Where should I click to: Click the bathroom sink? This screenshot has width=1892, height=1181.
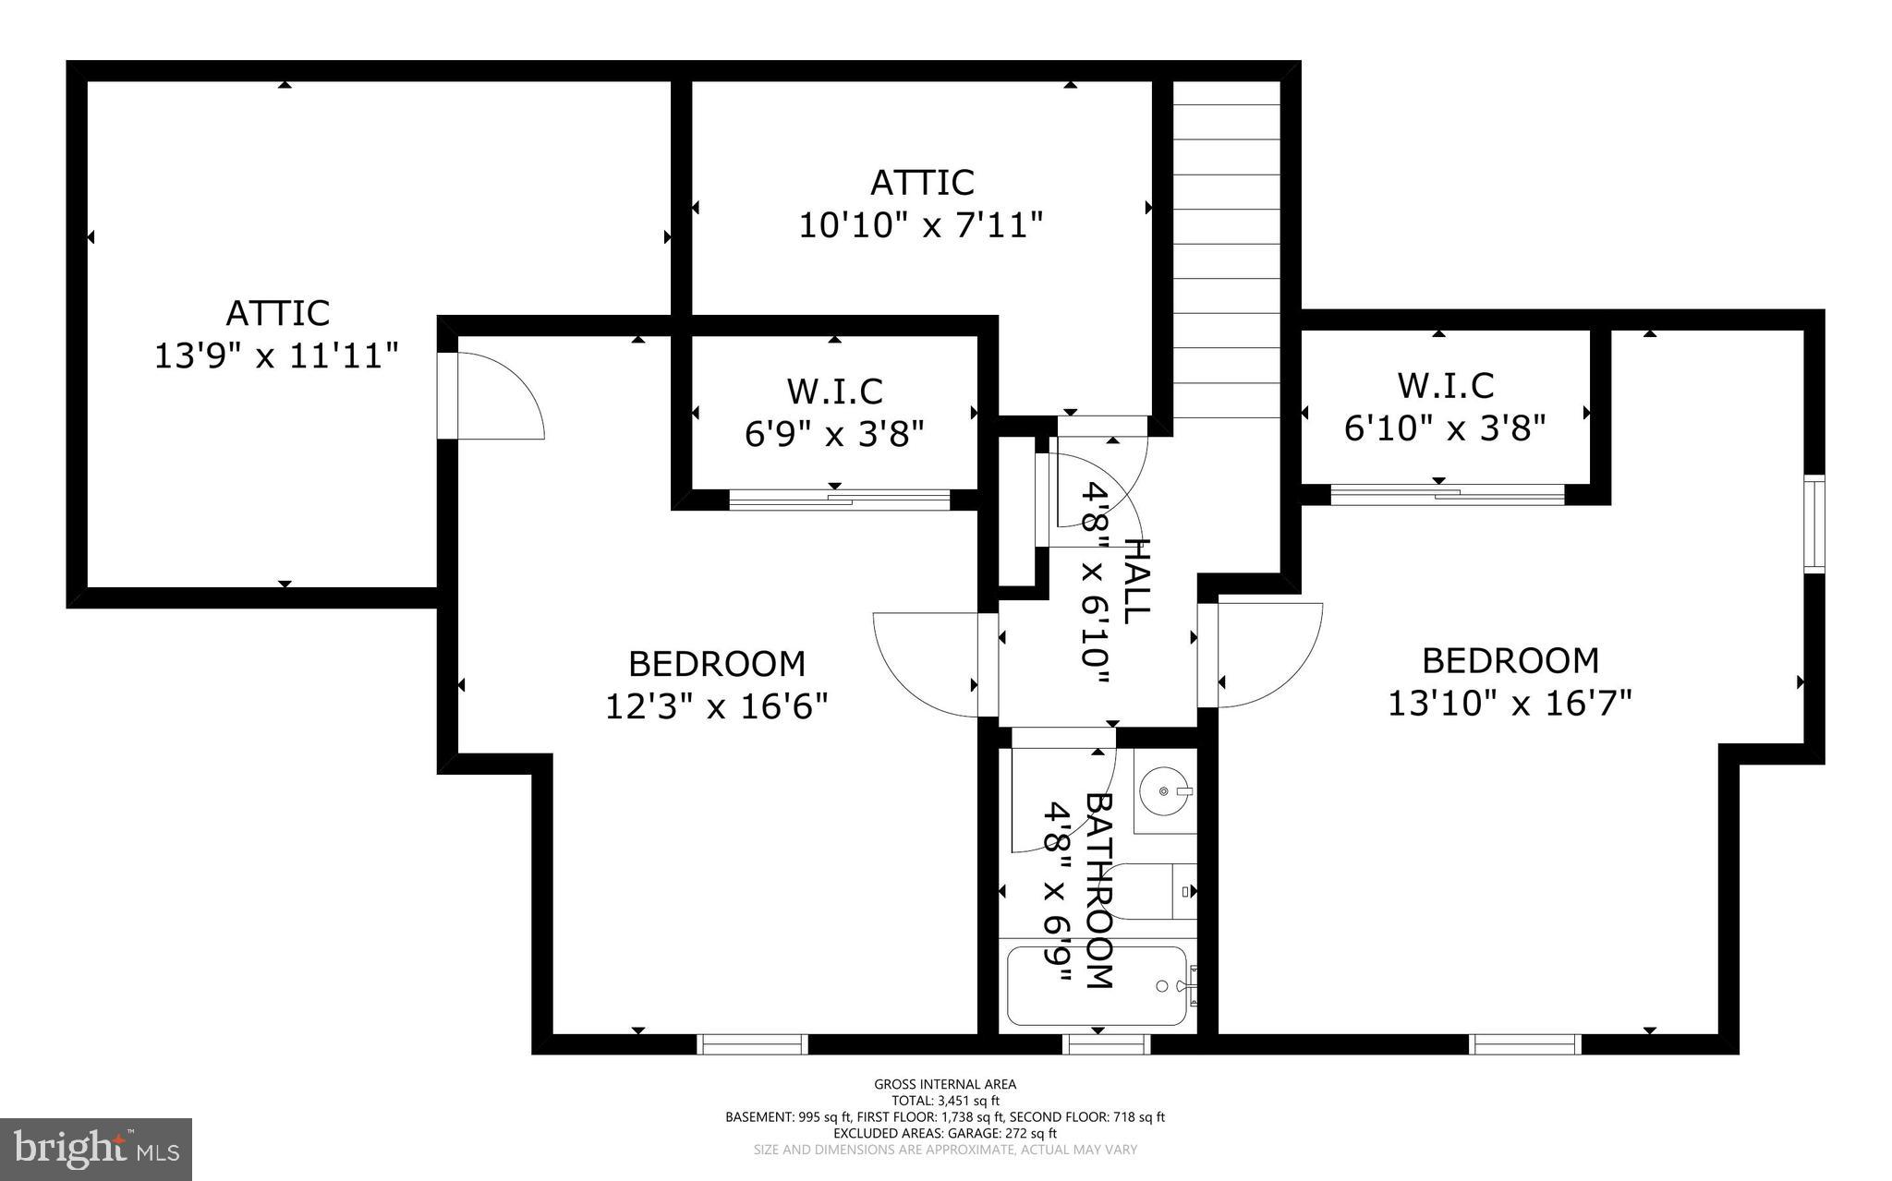[x=1163, y=791]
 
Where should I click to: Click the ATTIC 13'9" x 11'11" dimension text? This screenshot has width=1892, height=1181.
[x=276, y=355]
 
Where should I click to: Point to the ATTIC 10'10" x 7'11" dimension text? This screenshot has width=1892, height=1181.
[x=921, y=224]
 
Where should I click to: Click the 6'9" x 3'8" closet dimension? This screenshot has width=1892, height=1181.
[x=834, y=432]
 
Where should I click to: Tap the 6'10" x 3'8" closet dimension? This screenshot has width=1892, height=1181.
[x=1445, y=428]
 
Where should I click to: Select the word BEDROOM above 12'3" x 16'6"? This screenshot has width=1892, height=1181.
[x=717, y=664]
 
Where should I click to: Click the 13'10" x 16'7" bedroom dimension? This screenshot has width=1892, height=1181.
[x=1510, y=704]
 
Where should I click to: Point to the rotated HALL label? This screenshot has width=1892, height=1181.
[x=1137, y=582]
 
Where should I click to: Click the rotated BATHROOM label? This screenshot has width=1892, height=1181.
[x=1098, y=891]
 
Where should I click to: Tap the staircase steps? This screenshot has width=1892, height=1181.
[x=1226, y=249]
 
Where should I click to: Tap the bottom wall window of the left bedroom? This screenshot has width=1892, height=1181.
[x=752, y=1044]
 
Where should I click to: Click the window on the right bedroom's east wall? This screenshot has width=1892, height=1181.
[x=1814, y=524]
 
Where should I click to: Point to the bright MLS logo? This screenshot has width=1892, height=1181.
[x=96, y=1149]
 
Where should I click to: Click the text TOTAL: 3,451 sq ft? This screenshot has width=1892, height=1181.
[x=944, y=1101]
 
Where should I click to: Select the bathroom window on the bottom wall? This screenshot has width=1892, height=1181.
[x=1106, y=1044]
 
